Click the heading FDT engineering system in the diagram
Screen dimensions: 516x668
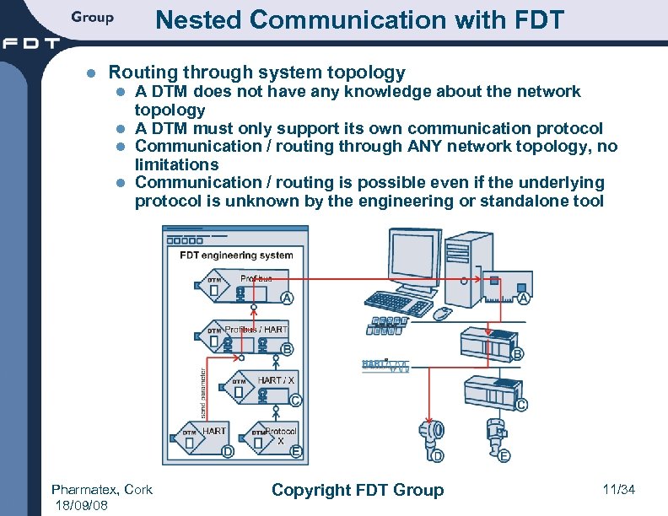pos(236,255)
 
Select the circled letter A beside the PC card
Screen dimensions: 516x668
pos(524,298)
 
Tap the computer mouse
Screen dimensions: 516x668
pos(442,313)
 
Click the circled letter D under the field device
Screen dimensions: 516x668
pos(437,456)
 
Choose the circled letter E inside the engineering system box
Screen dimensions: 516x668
pos(296,452)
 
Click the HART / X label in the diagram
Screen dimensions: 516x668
pos(276,380)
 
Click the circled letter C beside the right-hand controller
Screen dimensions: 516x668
pos(521,405)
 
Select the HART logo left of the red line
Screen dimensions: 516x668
pos(385,364)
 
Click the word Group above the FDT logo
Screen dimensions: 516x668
pos(92,17)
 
